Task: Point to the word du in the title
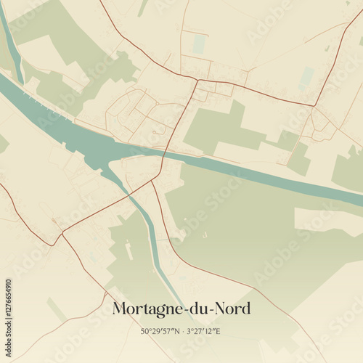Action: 197,309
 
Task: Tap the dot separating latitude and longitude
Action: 181,331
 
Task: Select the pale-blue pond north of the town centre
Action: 199,44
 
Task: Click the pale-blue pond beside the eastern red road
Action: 306,78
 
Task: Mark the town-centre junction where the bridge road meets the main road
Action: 196,80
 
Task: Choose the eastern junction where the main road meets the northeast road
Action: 314,106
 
